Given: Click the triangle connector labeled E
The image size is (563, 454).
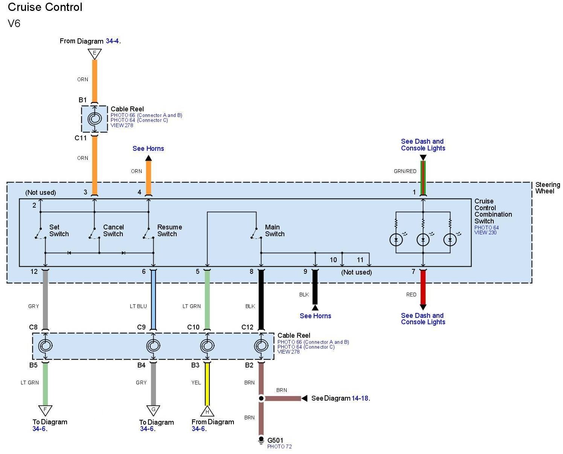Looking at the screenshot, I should (95, 53).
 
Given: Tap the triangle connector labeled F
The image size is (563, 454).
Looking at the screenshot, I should (45, 410).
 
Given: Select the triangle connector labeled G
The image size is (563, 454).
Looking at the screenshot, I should (153, 410).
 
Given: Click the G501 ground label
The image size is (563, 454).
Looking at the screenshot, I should (275, 440).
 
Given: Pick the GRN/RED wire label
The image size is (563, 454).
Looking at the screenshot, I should (405, 172).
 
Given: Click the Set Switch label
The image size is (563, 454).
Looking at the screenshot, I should (59, 231).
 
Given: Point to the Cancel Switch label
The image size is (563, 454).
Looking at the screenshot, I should (113, 231).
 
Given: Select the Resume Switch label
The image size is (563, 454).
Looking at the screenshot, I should (169, 231).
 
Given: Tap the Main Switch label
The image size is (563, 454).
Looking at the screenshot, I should (275, 231).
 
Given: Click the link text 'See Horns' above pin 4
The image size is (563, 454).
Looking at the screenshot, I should (148, 149).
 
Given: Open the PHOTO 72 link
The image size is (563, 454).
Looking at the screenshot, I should (279, 447).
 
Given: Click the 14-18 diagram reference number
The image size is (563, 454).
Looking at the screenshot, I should (360, 398).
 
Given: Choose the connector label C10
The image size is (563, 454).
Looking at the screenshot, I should (193, 327).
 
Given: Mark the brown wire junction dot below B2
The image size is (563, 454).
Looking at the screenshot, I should (261, 398).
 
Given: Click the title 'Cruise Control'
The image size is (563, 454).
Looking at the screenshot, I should (45, 7).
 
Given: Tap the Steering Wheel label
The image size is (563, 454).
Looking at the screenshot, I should (548, 188).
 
